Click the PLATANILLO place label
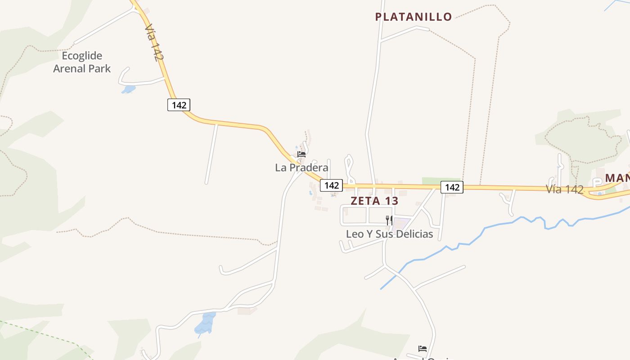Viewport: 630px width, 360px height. pos(414,17)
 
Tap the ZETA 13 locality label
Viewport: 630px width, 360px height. pos(374,201)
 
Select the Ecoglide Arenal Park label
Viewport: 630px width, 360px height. pos(82,62)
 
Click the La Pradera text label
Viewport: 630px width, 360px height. pos(301,168)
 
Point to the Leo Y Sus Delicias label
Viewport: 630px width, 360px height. pos(389,234)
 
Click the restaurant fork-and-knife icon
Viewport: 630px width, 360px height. pos(389,220)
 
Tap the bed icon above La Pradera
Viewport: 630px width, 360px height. pos(301,154)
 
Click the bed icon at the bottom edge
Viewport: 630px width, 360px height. pos(422,348)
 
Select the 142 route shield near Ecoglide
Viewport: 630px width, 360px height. pos(179,105)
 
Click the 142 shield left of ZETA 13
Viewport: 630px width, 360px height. pos(331,185)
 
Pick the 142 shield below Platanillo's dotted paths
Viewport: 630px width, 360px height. pos(452,187)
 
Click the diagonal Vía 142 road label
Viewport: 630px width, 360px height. pos(154,42)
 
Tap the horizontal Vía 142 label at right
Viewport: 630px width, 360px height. pos(565,189)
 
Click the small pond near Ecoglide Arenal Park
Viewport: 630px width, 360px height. pos(128,89)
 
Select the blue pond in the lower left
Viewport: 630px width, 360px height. pos(206,324)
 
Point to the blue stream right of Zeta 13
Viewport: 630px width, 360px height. pos(495,225)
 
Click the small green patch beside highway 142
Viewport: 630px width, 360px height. pos(441,180)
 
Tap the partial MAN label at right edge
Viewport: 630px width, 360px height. pos(617,178)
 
